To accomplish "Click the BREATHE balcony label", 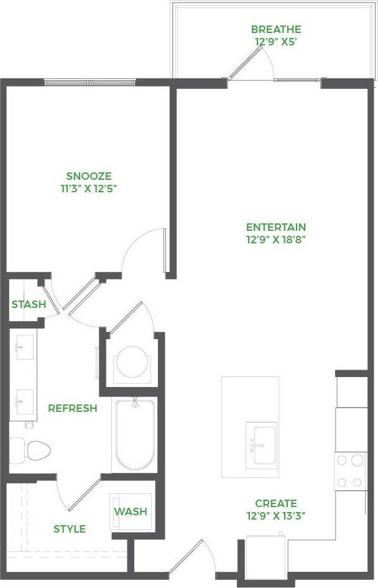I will tap(276, 29).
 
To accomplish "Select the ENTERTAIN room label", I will tap(275, 227).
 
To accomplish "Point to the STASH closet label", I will tap(29, 304).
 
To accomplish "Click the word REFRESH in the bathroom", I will tap(72, 408).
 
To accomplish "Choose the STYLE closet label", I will tap(69, 529).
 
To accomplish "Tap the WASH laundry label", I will tap(131, 511).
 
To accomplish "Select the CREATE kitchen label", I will tap(275, 503).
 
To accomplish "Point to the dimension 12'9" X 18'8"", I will tap(275, 239).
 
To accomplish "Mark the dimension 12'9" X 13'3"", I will tap(275, 515).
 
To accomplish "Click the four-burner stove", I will tap(349, 471).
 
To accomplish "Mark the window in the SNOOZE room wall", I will tap(91, 82).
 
